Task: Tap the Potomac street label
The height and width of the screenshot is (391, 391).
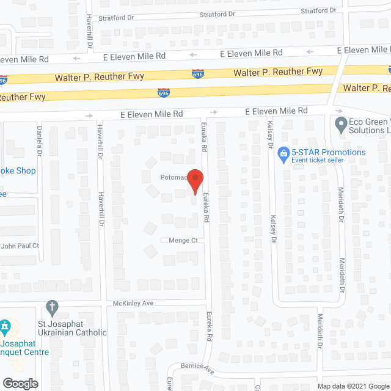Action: [x=172, y=177]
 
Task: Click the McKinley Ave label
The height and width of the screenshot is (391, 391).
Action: [x=132, y=303]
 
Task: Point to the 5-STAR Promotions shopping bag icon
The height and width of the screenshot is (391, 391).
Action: [x=283, y=153]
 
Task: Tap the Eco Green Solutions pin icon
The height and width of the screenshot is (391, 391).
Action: [x=340, y=125]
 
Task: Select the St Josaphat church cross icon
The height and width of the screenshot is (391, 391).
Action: [x=53, y=306]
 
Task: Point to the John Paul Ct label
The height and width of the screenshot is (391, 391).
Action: [x=20, y=246]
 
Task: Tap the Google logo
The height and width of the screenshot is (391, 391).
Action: [x=20, y=384]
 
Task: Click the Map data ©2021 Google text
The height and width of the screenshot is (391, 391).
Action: [x=353, y=386]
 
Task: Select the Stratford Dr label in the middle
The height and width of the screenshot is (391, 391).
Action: [x=225, y=13]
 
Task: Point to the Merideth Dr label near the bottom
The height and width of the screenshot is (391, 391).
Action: [x=320, y=332]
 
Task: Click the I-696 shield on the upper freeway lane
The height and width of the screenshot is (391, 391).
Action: [x=198, y=73]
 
